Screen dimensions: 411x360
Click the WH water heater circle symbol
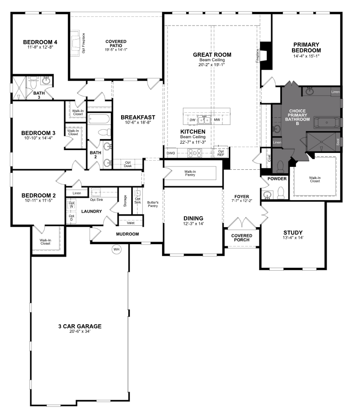[116, 249]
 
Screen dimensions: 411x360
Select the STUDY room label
[293, 232]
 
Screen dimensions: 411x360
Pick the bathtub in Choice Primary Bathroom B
[327, 123]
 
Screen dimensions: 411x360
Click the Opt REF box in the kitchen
[221, 153]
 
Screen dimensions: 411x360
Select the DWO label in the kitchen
[171, 153]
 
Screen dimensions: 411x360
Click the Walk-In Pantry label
[189, 173]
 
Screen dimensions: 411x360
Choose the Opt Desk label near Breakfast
[127, 164]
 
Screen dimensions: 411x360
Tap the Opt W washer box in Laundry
[72, 205]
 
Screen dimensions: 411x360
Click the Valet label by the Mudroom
[131, 222]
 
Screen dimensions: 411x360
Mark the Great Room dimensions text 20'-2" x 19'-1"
[212, 65]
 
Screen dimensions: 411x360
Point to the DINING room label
[193, 218]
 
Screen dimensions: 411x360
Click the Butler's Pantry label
[153, 203]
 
